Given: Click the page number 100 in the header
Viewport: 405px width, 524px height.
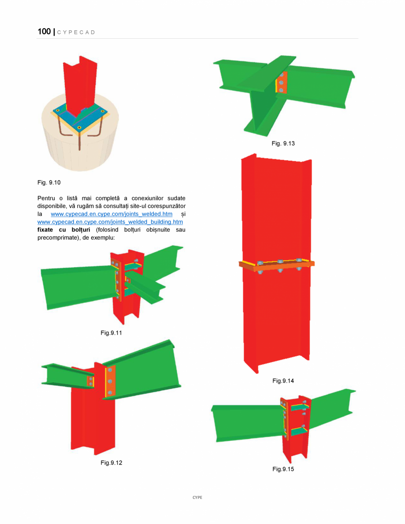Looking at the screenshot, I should [x=44, y=32].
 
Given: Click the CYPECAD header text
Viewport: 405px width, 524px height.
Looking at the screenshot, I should [x=77, y=33].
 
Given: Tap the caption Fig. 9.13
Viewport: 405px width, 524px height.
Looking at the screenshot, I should [x=283, y=144].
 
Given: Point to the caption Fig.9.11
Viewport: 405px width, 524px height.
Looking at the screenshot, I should [x=111, y=333].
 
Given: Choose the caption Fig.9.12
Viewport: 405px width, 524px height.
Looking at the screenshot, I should [x=111, y=462].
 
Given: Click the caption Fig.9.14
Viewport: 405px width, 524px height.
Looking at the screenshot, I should [x=283, y=381].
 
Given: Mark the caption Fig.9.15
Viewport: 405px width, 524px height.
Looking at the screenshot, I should [x=283, y=469].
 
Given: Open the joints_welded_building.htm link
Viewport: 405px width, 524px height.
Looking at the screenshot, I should [x=110, y=222].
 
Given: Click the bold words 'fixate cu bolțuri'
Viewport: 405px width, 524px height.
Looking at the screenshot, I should [x=64, y=230].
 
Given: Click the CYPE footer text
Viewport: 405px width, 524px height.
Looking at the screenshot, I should [x=197, y=497].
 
